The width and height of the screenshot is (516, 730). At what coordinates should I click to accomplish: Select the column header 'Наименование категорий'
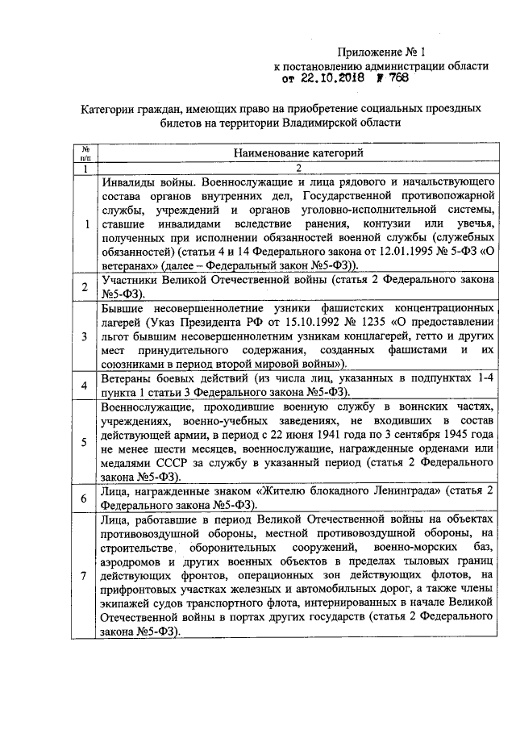point(298,152)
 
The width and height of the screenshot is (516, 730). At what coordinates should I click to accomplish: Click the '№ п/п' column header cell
point(84,152)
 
